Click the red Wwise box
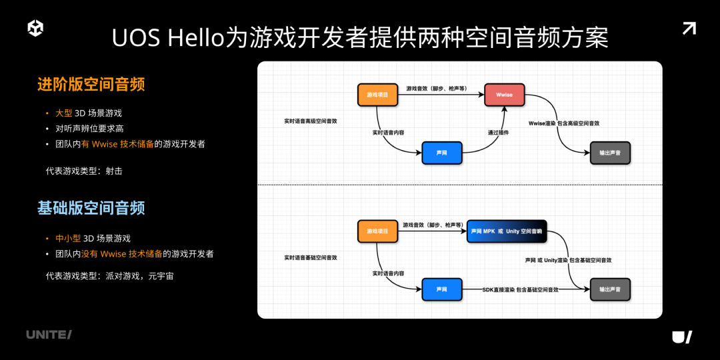(505, 95)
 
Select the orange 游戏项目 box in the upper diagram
(378, 95)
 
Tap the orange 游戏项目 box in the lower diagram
(378, 231)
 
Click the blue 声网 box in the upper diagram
(442, 153)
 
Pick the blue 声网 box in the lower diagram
(442, 289)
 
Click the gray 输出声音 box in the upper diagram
(610, 153)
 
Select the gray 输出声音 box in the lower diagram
(610, 289)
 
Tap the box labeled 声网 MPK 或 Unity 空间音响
(507, 231)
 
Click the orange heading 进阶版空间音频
(91, 85)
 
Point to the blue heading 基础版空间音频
(91, 208)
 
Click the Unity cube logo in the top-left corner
(35, 28)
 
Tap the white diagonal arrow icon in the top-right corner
(689, 28)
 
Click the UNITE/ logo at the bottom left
(49, 335)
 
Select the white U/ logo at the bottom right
(682, 337)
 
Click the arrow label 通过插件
(498, 133)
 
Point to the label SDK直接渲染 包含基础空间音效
(520, 290)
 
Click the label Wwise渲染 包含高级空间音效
(563, 123)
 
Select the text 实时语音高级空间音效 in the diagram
(311, 121)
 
